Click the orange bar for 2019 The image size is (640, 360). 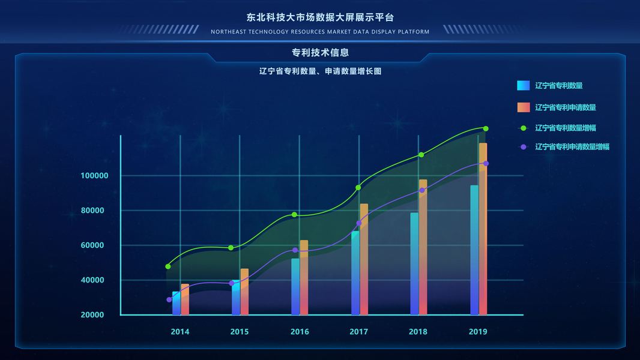(483, 228)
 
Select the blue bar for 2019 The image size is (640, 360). (474, 250)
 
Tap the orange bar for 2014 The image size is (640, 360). (185, 299)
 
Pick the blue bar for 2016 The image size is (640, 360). (295, 286)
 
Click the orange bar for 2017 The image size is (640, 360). (364, 259)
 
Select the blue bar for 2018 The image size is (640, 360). (414, 263)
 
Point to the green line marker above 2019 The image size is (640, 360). (486, 128)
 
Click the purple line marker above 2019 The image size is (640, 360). (486, 163)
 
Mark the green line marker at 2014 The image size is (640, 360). (168, 266)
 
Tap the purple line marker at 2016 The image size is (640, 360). (295, 250)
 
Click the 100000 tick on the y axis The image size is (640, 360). (94, 176)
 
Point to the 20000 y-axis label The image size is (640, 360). (94, 315)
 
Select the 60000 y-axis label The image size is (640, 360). (94, 245)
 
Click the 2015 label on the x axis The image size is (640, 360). (239, 332)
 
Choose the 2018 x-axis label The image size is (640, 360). (418, 332)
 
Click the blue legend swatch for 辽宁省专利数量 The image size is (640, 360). (523, 85)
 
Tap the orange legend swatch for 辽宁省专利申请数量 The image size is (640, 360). (523, 107)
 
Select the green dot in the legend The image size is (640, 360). (523, 128)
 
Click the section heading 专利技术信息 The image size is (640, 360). (320, 53)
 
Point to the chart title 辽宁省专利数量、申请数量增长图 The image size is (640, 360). (320, 71)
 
